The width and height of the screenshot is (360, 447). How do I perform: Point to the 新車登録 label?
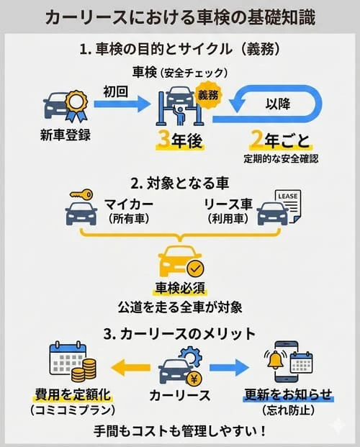[65, 135]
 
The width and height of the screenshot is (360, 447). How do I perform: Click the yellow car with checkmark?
[180, 261]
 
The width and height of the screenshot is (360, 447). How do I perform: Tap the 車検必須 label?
[180, 288]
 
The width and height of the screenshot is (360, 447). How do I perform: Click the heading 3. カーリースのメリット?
[180, 333]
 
